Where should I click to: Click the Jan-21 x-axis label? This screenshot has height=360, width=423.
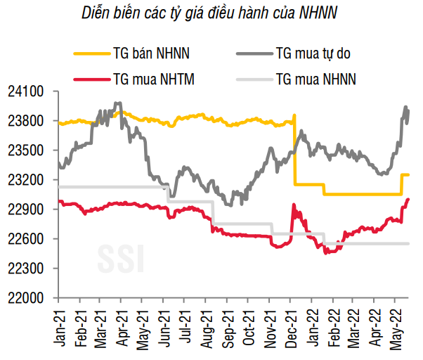pyautogui.click(x=59, y=326)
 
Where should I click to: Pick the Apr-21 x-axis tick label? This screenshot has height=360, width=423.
pyautogui.click(x=122, y=326)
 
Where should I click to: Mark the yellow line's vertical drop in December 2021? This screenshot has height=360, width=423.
pyautogui.click(x=294, y=151)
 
